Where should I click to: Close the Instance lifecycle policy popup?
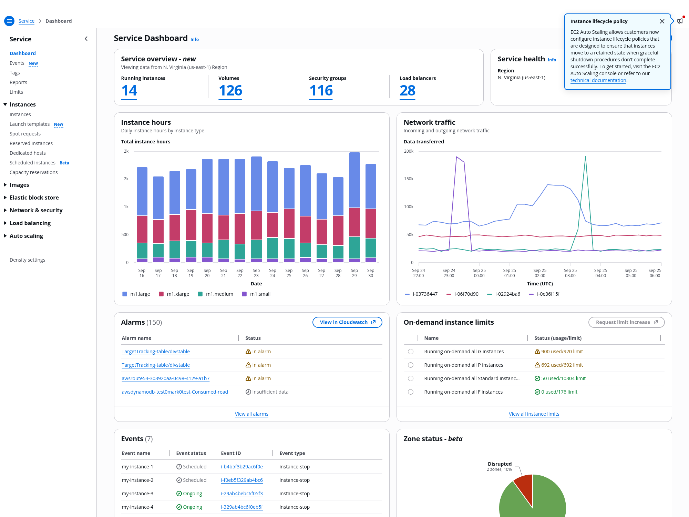tap(662, 21)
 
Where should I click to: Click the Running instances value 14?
tap(129, 91)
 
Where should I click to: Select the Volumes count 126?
tap(230, 91)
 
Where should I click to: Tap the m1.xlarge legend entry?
tap(174, 294)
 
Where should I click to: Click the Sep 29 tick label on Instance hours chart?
tap(354, 273)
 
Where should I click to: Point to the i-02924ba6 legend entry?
tap(504, 294)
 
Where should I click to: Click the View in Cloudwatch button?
tap(347, 322)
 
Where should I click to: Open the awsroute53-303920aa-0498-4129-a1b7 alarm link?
tap(166, 378)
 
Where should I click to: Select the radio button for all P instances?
tap(411, 365)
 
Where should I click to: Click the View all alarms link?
tap(251, 414)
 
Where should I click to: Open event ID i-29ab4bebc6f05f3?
tap(242, 494)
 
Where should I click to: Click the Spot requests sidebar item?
tap(25, 134)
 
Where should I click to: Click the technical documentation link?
tap(598, 80)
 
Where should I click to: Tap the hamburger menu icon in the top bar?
tap(9, 21)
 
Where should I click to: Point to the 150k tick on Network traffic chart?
tap(409, 179)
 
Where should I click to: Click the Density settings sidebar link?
tap(28, 260)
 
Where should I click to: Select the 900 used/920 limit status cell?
tap(559, 352)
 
